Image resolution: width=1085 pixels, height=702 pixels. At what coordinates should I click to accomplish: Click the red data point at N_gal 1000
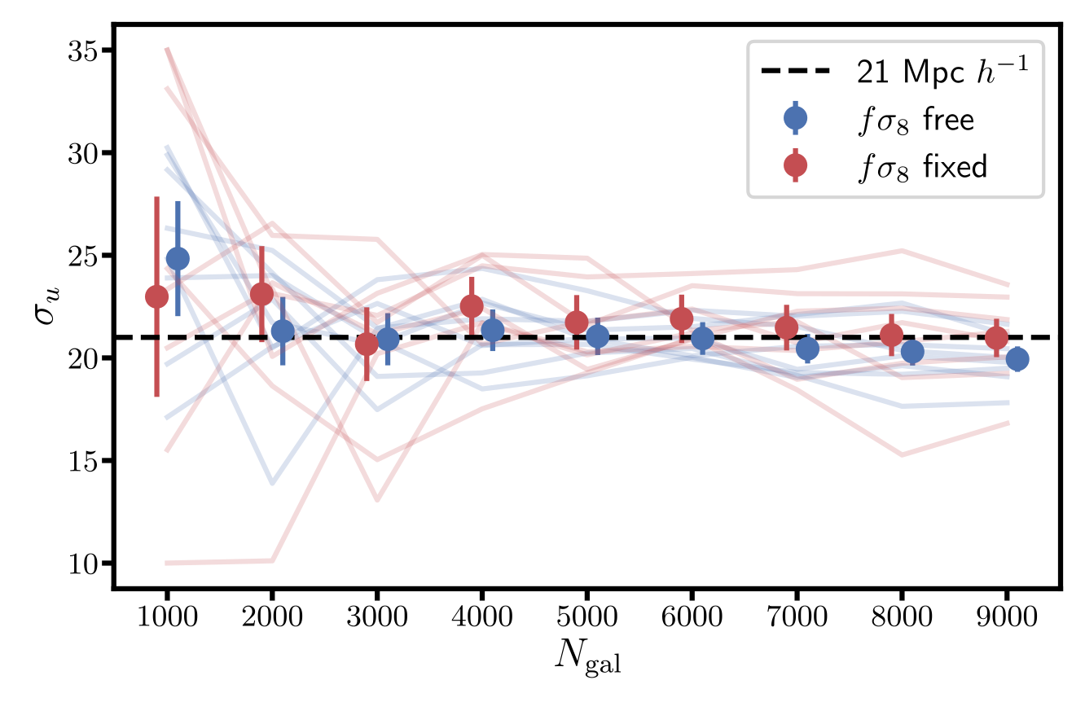(156, 296)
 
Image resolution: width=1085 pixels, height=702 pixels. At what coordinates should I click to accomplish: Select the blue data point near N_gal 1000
(178, 258)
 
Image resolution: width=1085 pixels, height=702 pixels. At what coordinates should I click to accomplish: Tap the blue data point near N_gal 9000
(1017, 358)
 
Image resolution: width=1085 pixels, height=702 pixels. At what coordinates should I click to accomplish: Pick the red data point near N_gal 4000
(472, 305)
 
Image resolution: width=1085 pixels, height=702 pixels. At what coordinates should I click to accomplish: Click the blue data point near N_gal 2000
(283, 331)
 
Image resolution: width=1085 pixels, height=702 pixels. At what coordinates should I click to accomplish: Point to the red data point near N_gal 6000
(681, 318)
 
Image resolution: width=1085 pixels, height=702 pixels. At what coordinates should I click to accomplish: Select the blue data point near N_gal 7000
(807, 349)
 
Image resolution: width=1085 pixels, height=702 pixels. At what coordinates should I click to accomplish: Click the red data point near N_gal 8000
(891, 335)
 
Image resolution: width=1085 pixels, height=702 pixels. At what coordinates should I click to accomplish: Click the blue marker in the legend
(794, 119)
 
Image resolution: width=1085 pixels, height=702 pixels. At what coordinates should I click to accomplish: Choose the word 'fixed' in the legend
(956, 166)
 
